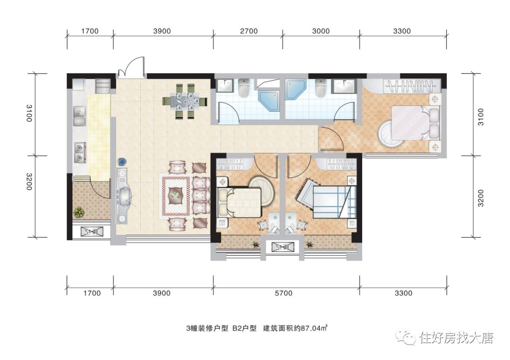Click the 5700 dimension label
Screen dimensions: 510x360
[x=284, y=293]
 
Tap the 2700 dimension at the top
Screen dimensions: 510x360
[x=249, y=31]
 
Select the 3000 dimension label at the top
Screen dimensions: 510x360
[x=321, y=31]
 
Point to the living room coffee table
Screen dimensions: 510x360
[x=176, y=195]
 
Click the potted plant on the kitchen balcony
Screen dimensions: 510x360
[x=79, y=212]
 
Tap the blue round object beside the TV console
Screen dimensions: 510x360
[x=122, y=161]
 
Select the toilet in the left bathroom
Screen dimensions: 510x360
[x=244, y=87]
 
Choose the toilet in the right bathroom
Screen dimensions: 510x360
[x=321, y=87]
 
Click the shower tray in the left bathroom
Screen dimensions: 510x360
[x=269, y=100]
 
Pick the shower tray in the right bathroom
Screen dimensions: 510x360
[x=296, y=89]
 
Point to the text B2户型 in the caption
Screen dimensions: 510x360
[x=244, y=328]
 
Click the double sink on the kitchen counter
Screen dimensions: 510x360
[x=79, y=116]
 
